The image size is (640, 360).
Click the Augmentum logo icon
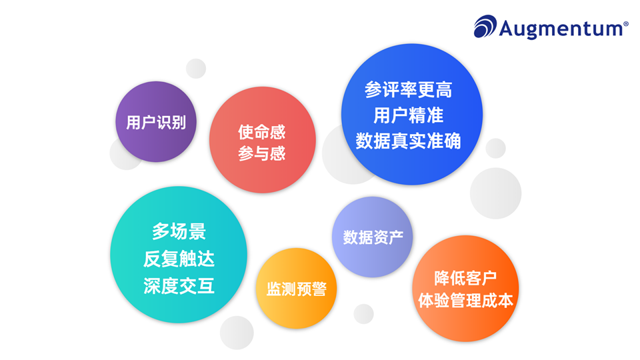coord(485,27)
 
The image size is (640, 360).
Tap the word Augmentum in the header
coord(560,28)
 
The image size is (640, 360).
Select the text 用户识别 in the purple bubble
coord(156,123)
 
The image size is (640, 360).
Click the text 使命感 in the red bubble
coord(262,132)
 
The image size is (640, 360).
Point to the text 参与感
coord(262,154)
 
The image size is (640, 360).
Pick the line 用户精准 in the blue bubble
coord(408,115)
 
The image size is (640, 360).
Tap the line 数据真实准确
coord(408,141)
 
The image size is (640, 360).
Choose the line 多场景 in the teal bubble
coord(179,232)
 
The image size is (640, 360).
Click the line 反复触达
coord(179,259)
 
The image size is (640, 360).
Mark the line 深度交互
coord(179,286)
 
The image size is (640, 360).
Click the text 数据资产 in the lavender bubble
coord(368,237)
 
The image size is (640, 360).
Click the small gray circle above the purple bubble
coord(196,68)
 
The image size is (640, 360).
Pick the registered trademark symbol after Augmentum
coord(625,23)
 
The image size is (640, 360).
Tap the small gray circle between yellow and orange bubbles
coord(363,313)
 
